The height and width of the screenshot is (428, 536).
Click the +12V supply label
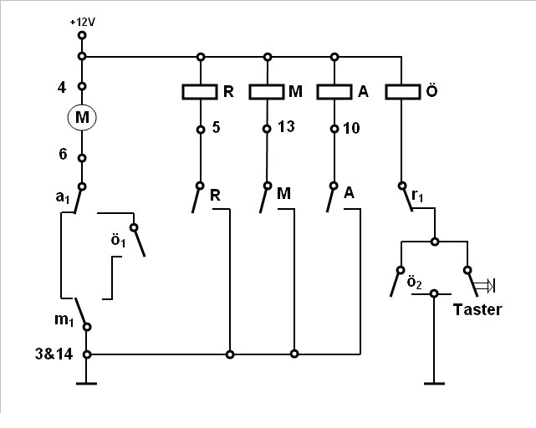[83, 23]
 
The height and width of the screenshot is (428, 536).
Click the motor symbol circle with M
[82, 117]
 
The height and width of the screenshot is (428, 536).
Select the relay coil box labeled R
[200, 92]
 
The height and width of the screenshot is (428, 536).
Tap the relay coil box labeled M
[267, 92]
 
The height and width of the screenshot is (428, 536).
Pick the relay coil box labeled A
[334, 92]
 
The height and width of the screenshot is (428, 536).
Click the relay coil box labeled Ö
[403, 92]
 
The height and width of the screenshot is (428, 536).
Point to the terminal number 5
[216, 127]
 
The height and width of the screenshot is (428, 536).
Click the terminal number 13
[286, 127]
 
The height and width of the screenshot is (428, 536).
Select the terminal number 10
[351, 129]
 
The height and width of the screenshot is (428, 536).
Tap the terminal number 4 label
[62, 88]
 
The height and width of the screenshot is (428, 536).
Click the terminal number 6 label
[63, 154]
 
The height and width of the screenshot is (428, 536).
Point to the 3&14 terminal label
[54, 354]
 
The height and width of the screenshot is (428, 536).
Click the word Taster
[477, 309]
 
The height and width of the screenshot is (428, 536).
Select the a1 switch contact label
[63, 197]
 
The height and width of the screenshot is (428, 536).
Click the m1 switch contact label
[64, 320]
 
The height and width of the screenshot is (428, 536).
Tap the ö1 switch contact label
[118, 240]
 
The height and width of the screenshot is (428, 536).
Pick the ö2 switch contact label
[414, 283]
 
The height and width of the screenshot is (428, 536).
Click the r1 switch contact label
[417, 196]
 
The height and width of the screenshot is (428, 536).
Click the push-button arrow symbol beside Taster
[484, 286]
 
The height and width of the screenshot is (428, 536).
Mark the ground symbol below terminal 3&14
[86, 383]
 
